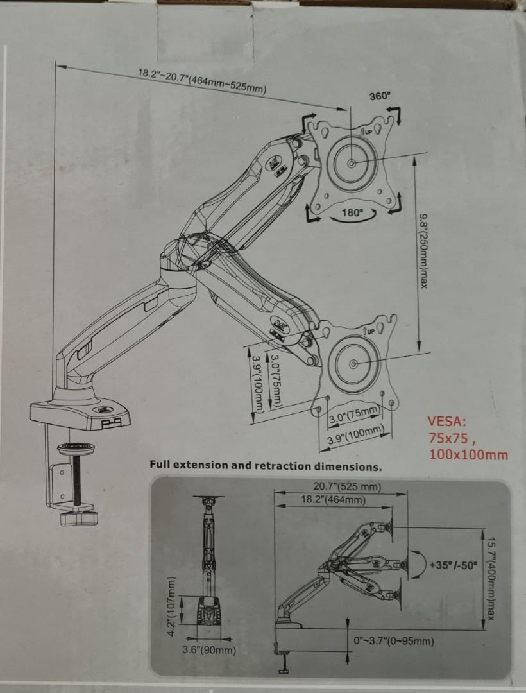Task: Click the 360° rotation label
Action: (x=380, y=96)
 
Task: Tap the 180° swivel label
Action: (x=352, y=212)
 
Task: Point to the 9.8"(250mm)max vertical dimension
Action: (x=422, y=251)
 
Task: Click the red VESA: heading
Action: (x=448, y=422)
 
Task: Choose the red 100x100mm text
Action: (x=468, y=455)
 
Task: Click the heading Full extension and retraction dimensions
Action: (x=266, y=465)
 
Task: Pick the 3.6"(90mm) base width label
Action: (x=210, y=650)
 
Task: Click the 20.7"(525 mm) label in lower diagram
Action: (x=348, y=487)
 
